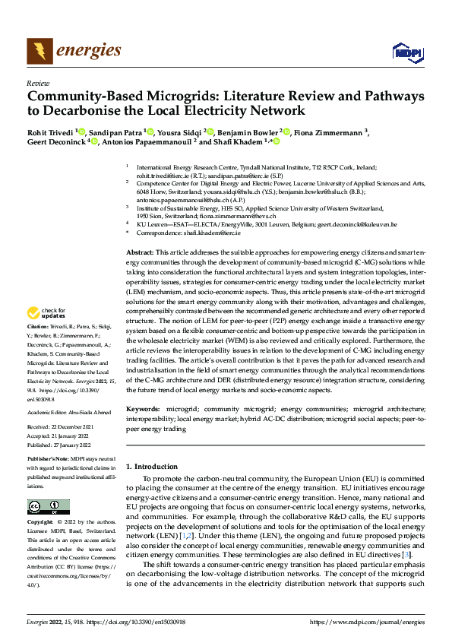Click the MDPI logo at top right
coord(406,52)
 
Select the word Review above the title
coord(38,83)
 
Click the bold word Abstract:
coord(141,252)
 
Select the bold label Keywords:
coord(143,408)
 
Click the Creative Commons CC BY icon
coord(48,507)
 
